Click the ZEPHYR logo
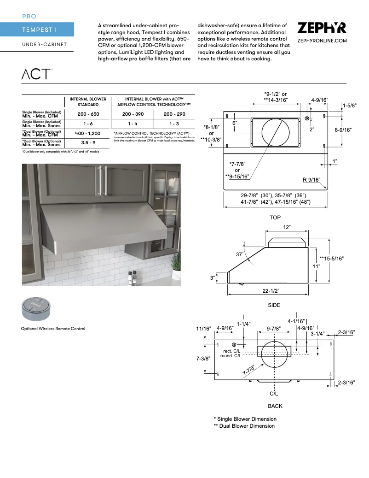(x=322, y=29)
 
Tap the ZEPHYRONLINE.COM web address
(x=322, y=41)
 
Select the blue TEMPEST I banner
(x=37, y=30)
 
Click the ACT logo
(x=36, y=74)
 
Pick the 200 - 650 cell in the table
(x=88, y=114)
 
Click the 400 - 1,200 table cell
(x=88, y=133)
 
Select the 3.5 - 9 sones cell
(x=88, y=143)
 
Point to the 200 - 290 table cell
(x=174, y=114)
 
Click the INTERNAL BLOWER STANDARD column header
(x=88, y=101)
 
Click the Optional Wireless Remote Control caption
(x=53, y=329)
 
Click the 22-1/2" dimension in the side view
(x=271, y=290)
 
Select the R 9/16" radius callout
(x=311, y=180)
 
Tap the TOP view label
(x=275, y=218)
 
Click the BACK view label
(x=275, y=406)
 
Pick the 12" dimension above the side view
(x=287, y=228)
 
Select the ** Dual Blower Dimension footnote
(x=244, y=426)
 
